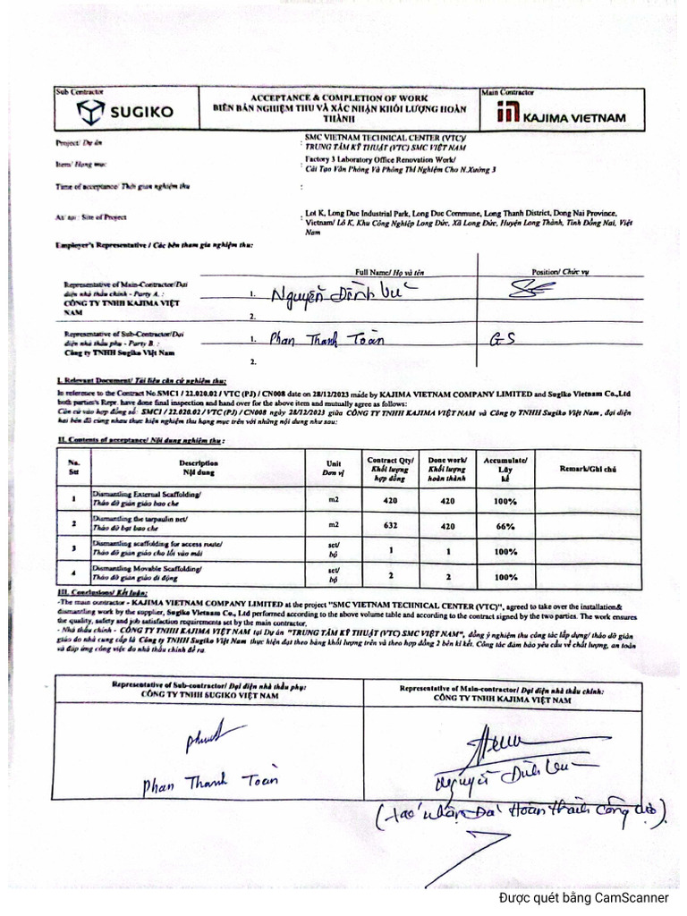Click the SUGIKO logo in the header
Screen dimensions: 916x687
pos(127,113)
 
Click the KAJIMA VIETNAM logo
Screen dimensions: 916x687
pos(562,114)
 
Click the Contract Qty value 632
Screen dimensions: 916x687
pos(390,525)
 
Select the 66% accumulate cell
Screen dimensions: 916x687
pos(505,525)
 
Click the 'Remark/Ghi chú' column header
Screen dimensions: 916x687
pos(588,467)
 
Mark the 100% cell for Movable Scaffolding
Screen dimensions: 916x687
pos(505,577)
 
